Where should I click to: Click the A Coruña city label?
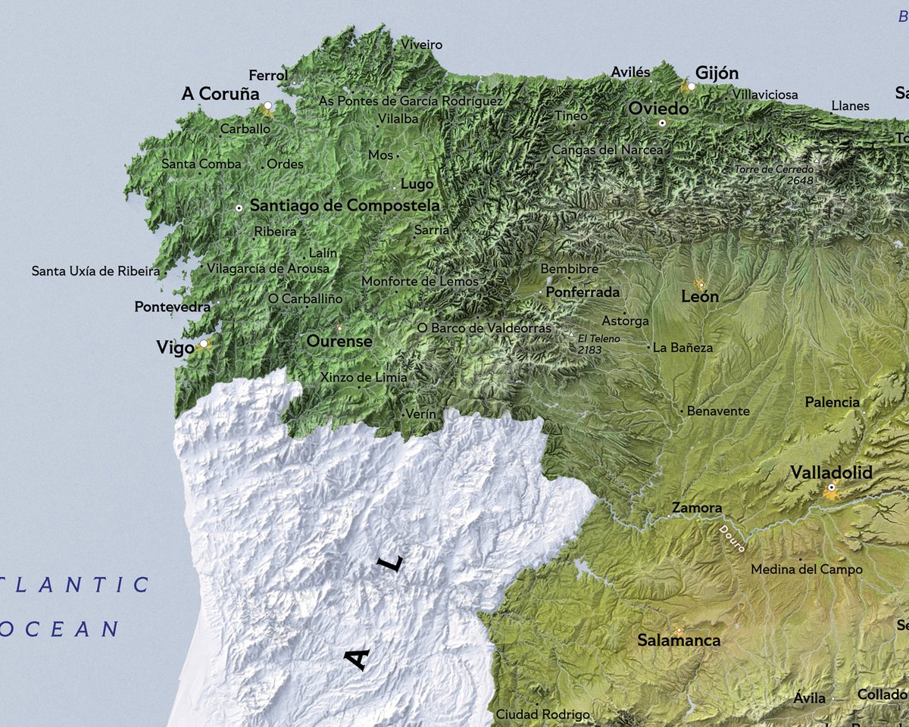[220, 94]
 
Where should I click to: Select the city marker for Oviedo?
[662, 123]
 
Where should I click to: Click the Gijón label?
[717, 73]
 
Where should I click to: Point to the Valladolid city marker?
[831, 488]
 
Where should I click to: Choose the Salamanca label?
[679, 641]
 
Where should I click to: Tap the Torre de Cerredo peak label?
[774, 175]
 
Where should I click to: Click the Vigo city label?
[175, 348]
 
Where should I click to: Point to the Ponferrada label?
[583, 292]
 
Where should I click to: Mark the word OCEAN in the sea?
[61, 629]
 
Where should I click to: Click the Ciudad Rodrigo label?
[542, 714]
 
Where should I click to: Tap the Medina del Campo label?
[806, 569]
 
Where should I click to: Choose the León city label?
[700, 297]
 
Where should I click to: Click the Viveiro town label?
[422, 45]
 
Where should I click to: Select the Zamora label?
[697, 508]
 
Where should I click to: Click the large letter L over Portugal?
[391, 564]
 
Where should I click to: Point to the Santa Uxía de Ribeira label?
[95, 270]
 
